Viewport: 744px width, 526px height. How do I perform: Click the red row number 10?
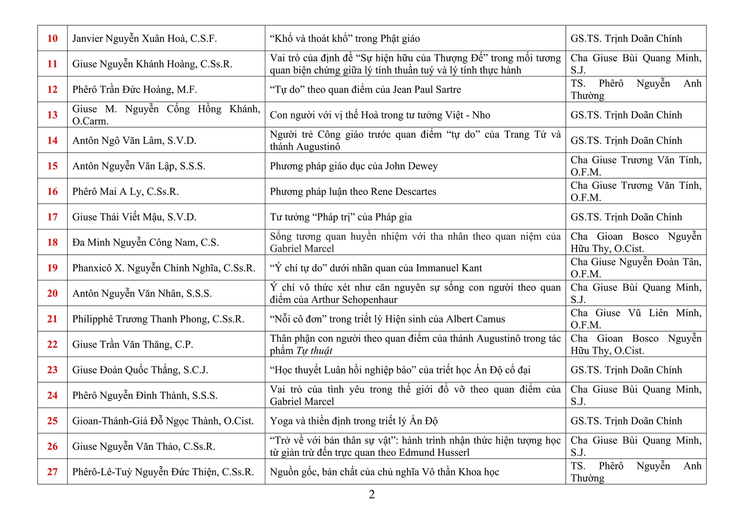[x=53, y=38]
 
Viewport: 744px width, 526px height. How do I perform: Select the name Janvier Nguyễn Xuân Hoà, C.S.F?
[x=145, y=38]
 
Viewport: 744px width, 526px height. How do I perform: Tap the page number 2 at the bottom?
[x=372, y=495]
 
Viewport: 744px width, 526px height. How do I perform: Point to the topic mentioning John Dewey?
[x=354, y=166]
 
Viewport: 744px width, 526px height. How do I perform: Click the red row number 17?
[x=53, y=217]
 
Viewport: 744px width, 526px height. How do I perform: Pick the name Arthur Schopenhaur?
[x=354, y=300]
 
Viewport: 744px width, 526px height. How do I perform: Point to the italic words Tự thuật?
[x=314, y=351]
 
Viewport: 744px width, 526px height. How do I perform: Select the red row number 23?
[x=53, y=370]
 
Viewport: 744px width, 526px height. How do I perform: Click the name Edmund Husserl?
[x=434, y=452]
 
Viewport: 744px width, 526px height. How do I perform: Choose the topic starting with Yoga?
[x=354, y=421]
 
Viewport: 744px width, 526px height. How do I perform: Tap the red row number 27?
[x=53, y=472]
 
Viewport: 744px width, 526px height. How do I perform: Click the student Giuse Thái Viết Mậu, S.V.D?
[x=134, y=217]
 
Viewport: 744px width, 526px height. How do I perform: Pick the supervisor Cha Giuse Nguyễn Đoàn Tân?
[x=636, y=267]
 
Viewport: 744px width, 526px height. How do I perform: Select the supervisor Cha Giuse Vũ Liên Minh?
[x=636, y=319]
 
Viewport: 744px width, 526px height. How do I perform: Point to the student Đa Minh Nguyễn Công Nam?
[x=146, y=243]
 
